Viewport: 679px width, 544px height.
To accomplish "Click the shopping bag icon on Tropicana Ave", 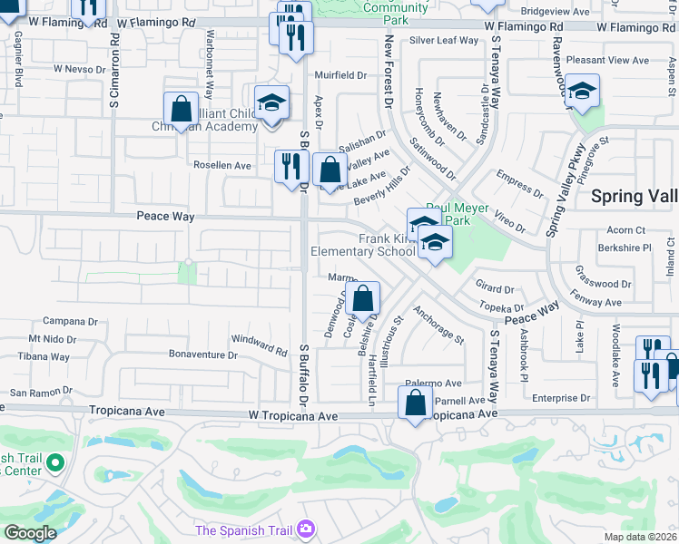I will point(415,403).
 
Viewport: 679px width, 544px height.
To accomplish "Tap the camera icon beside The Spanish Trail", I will point(307,528).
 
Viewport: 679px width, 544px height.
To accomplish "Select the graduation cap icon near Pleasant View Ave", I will point(583,91).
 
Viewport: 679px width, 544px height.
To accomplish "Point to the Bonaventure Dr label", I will point(202,355).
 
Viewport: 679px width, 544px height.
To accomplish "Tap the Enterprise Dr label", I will point(560,398).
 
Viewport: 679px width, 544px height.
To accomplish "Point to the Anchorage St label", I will point(438,325).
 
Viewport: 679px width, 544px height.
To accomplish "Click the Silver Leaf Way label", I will point(443,40).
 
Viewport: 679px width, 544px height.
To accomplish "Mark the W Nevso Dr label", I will point(79,68).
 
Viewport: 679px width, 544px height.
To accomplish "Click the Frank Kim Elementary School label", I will point(362,245).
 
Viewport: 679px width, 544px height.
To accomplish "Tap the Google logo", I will point(30,533).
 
